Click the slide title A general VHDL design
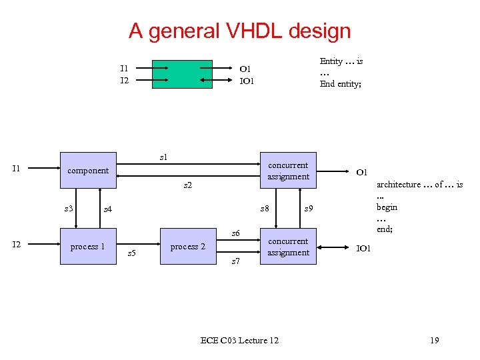click(239, 31)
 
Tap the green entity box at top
click(182, 74)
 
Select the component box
click(88, 171)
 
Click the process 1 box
click(88, 247)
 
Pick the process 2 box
click(188, 247)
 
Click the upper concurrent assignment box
click(287, 171)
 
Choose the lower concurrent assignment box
click(287, 247)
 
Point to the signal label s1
click(164, 157)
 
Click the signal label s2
click(188, 185)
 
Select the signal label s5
click(131, 253)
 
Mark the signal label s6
click(235, 233)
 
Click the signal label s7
click(235, 262)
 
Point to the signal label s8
click(265, 209)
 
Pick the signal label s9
click(309, 209)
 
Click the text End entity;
click(340, 84)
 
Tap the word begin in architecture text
click(387, 207)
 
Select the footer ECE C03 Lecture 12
click(239, 341)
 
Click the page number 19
click(434, 341)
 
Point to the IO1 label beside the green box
click(247, 81)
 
